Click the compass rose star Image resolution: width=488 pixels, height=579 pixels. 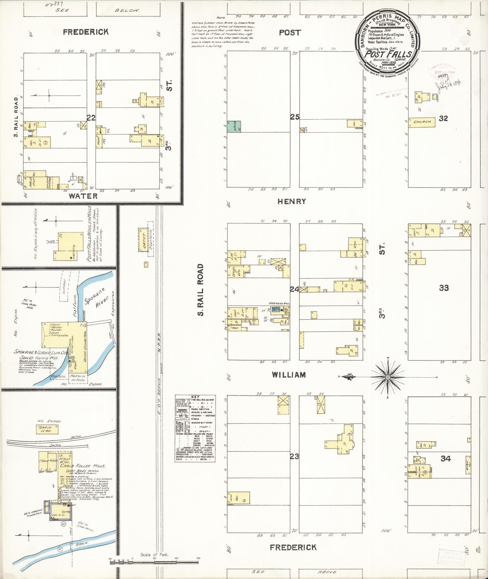388,377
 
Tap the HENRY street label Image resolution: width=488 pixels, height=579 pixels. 292,201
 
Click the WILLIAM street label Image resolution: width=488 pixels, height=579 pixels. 289,375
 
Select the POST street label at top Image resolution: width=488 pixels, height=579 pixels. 290,33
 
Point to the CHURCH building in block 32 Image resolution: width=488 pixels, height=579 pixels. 422,122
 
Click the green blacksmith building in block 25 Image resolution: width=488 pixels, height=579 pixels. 234,127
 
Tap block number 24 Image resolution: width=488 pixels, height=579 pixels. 294,289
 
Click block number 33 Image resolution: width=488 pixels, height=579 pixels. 444,288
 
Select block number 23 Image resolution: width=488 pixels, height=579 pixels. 294,456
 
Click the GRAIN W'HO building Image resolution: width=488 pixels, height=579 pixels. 47,429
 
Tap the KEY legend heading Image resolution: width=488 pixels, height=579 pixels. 195,396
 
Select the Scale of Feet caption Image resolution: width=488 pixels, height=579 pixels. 154,555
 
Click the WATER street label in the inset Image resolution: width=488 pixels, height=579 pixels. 83,196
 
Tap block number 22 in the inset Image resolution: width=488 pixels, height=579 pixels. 91,118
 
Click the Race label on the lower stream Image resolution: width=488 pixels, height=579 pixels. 82,544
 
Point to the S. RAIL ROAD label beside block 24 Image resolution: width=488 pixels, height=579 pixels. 201,290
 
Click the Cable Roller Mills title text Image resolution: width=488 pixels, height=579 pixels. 82,466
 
